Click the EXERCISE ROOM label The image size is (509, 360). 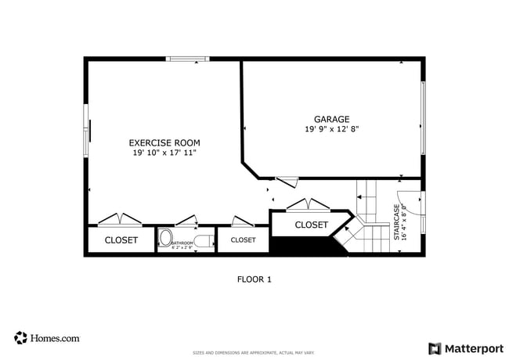pos(164,142)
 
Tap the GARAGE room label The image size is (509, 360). pos(332,119)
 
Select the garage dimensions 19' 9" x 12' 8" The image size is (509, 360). pos(332,129)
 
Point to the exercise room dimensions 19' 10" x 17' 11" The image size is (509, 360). pos(164,153)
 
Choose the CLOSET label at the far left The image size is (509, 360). pos(121,240)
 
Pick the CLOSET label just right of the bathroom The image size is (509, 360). pos(243,240)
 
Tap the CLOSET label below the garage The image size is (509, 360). pos(311,225)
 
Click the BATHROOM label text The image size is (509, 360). pos(182,243)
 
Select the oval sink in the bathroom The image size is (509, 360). pos(166,238)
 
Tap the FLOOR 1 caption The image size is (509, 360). pos(254,279)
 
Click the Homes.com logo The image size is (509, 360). pos(47,338)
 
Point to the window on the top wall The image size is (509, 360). pos(188,58)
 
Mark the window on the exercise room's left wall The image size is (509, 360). pos(86,129)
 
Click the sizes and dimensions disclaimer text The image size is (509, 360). pos(254,353)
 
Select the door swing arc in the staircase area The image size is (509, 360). pos(410,203)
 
